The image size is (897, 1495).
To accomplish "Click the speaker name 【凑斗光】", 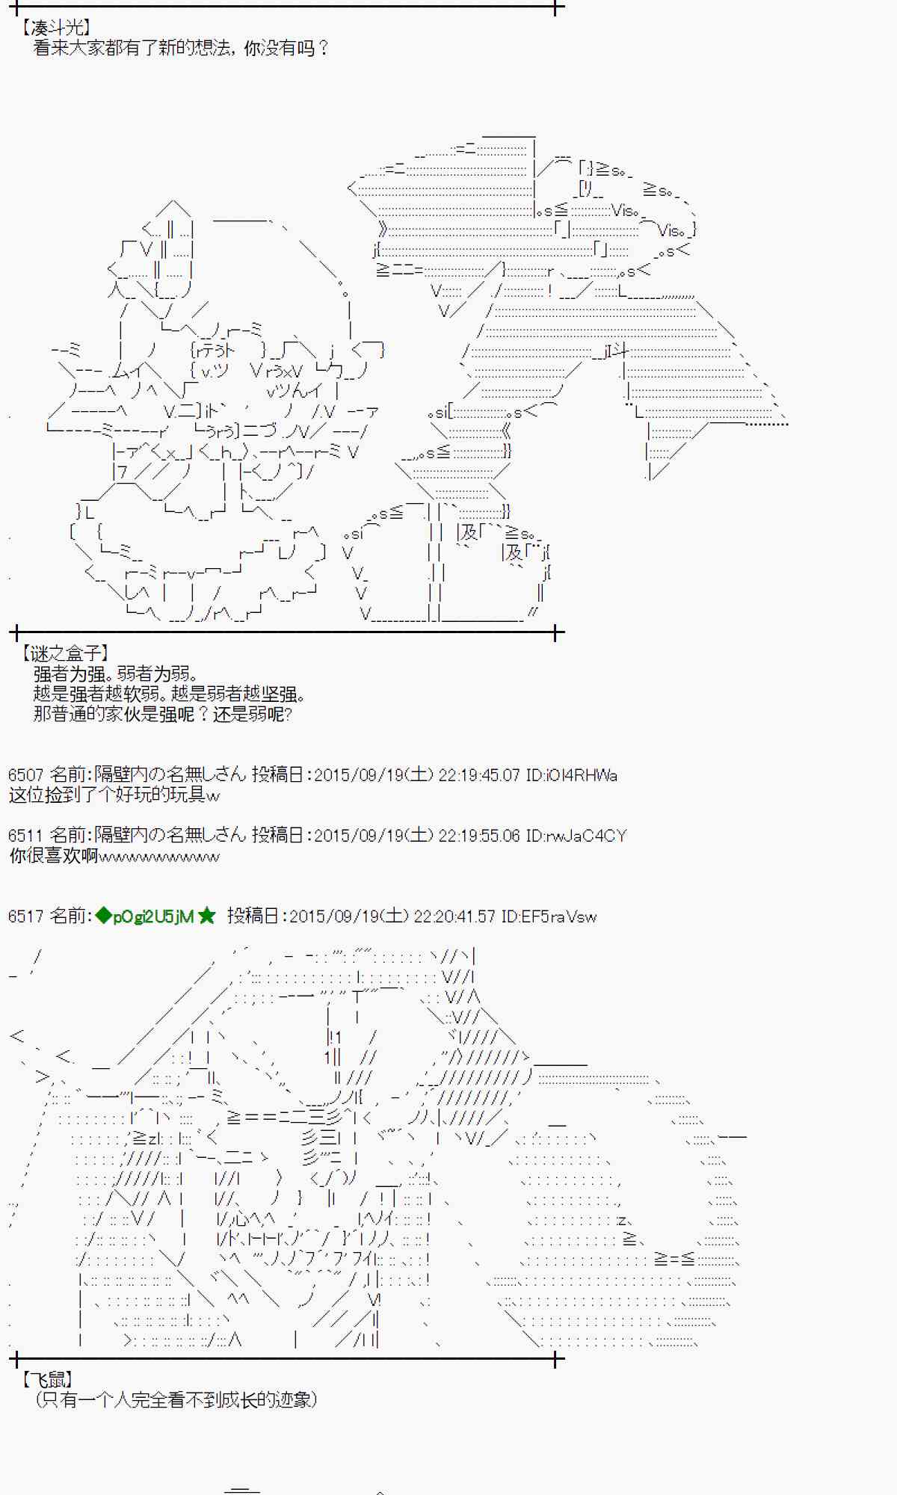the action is click(x=56, y=28).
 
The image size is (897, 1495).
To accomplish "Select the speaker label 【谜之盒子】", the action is click(x=65, y=653).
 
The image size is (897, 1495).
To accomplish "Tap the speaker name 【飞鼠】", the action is click(x=47, y=1379).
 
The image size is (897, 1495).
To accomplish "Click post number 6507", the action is click(x=25, y=774).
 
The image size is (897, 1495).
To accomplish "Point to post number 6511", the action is click(x=25, y=835).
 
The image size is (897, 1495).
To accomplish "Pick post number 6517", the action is click(x=25, y=916).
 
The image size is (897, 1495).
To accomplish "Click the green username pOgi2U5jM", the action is click(x=152, y=916).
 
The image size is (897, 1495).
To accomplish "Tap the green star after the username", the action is click(x=207, y=916).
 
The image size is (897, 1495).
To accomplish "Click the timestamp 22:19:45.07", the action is click(x=478, y=774).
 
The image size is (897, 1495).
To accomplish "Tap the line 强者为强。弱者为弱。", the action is click(x=115, y=673).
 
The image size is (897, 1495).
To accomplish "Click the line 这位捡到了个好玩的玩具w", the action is click(x=114, y=795).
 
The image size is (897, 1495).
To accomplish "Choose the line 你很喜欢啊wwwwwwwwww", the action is click(x=114, y=856).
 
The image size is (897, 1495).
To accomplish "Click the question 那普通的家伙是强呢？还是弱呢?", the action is click(x=162, y=714).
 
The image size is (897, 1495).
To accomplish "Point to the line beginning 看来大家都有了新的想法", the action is click(x=181, y=49).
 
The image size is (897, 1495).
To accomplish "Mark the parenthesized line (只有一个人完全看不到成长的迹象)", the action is click(x=176, y=1399).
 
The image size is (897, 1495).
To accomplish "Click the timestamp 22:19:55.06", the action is click(x=478, y=835).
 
